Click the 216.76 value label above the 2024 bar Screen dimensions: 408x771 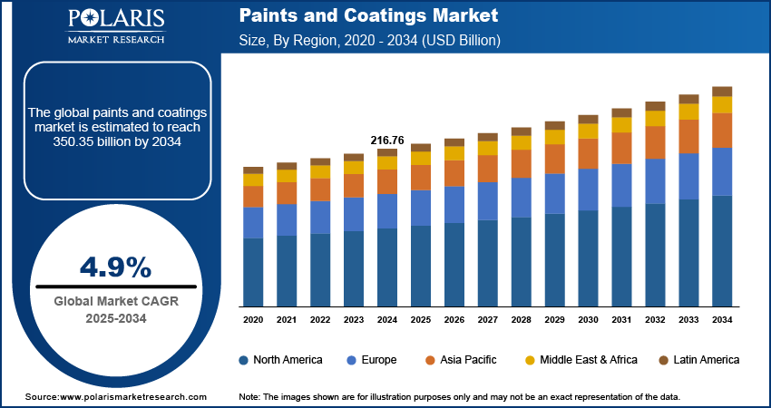386,141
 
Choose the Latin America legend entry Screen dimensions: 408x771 698,360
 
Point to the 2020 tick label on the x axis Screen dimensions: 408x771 253,320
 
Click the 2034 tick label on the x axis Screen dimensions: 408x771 722,320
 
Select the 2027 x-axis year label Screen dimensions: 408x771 488,320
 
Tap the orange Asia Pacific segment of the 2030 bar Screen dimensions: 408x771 589,153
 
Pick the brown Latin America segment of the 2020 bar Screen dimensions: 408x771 253,170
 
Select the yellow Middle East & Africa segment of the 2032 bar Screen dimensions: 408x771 655,119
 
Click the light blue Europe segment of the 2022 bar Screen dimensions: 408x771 320,217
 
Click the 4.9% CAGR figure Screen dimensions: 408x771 115,267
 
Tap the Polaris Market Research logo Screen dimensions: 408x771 114,26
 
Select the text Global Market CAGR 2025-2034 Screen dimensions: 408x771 115,309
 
